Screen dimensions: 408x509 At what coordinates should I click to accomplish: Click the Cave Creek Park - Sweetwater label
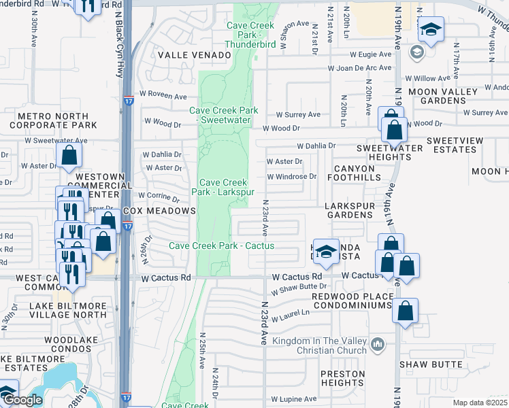[x=224, y=115]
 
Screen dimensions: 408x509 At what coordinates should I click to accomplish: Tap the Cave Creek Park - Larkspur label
[x=223, y=187]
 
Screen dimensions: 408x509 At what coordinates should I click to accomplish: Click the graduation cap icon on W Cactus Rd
[x=327, y=251]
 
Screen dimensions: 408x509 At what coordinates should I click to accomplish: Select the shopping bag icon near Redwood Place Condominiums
[x=405, y=311]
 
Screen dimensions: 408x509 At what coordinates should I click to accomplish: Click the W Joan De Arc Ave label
[x=360, y=68]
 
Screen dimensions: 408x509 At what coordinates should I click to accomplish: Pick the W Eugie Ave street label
[x=370, y=54]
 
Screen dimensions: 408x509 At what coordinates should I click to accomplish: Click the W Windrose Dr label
[x=292, y=176]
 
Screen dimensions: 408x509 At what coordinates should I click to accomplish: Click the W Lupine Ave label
[x=294, y=399]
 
